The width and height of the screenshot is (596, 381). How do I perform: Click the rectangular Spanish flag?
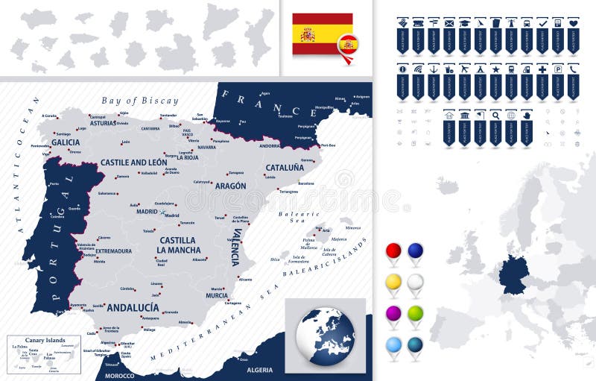[x=322, y=34]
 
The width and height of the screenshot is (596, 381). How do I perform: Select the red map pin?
[x=393, y=251]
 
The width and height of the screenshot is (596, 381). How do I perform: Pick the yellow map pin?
[x=393, y=282]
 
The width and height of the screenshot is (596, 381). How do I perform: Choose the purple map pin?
[x=393, y=313]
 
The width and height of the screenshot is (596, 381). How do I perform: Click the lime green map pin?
[x=415, y=313]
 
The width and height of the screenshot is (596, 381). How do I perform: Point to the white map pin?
[x=415, y=282]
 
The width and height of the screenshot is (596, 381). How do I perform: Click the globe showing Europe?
[x=325, y=336]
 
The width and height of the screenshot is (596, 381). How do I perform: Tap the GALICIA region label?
[x=66, y=142]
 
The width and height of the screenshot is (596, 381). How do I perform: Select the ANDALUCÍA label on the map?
[x=133, y=307]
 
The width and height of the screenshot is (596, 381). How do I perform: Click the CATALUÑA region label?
[x=285, y=168]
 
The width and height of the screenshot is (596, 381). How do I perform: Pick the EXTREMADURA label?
[x=113, y=251]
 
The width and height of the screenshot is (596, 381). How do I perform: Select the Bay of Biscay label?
[x=140, y=101]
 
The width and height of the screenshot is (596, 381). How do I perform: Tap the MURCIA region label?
[x=217, y=295]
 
